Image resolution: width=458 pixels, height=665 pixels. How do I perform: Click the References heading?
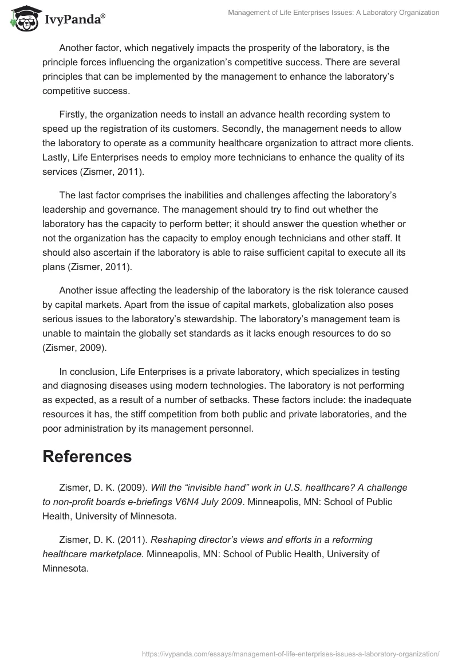87,456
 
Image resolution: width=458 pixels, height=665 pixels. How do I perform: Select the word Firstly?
76,115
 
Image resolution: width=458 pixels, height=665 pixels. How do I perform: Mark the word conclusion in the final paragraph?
94,371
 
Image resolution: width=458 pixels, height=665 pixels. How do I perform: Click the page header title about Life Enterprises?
333,12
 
